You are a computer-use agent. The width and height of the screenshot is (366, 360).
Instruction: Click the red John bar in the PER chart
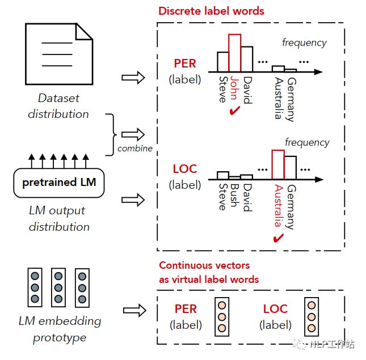point(234,53)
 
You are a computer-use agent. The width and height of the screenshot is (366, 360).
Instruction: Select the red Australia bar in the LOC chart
point(278,164)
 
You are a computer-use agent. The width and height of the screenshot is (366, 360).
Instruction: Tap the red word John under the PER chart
point(234,88)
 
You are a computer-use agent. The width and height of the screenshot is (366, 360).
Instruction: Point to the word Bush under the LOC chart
point(234,196)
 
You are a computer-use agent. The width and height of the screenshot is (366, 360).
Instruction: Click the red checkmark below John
point(234,111)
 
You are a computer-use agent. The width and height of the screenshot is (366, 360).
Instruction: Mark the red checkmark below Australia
point(278,238)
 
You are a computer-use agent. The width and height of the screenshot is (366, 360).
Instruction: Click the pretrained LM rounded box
point(59,183)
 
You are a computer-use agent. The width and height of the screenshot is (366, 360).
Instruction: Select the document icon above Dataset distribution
point(59,54)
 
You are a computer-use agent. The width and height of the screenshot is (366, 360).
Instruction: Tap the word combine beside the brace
point(135,149)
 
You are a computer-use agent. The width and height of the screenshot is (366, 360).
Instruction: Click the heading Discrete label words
point(211,11)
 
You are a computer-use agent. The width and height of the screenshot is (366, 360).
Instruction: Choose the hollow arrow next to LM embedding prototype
point(134,310)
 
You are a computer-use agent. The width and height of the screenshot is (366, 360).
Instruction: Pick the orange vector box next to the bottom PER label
point(222,317)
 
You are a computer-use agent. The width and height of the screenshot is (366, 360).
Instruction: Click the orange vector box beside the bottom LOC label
point(312,317)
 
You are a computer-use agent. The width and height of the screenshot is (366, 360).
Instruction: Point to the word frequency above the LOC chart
point(307,142)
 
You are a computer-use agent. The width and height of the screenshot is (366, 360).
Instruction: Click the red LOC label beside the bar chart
point(185,169)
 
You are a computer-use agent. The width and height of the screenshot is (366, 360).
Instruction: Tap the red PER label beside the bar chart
point(185,63)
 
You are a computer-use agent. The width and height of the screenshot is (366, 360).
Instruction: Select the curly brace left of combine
point(111,134)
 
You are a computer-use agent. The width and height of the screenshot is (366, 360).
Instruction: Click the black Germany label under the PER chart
point(292,100)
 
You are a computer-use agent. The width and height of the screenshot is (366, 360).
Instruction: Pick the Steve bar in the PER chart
point(223,62)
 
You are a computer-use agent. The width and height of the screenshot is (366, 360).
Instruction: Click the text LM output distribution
point(59,218)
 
